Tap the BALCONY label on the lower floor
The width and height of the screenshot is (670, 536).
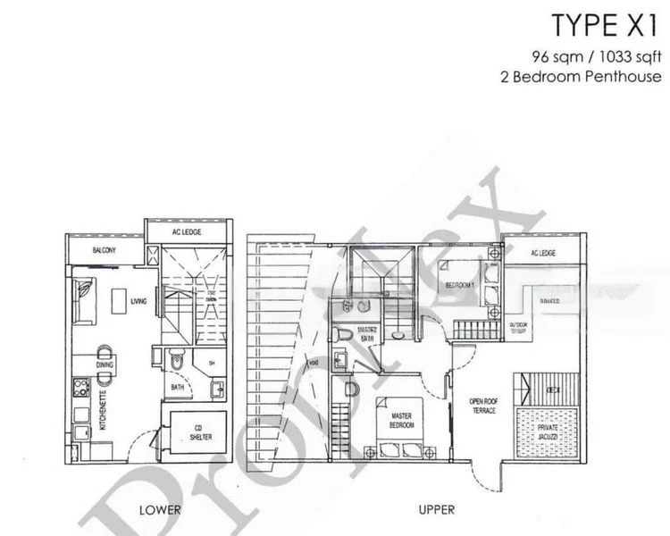click(x=104, y=251)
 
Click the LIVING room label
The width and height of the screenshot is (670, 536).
click(x=138, y=302)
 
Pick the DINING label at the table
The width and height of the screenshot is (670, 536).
click(x=105, y=364)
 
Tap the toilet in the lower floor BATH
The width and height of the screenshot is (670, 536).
click(x=179, y=364)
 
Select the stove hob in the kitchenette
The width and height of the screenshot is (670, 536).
click(x=80, y=389)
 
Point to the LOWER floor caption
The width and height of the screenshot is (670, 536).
click(x=161, y=510)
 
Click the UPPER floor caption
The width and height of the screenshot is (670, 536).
click(x=436, y=510)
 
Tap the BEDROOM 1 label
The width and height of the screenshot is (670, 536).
click(x=460, y=285)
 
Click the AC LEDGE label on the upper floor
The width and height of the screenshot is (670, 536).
click(x=543, y=253)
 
